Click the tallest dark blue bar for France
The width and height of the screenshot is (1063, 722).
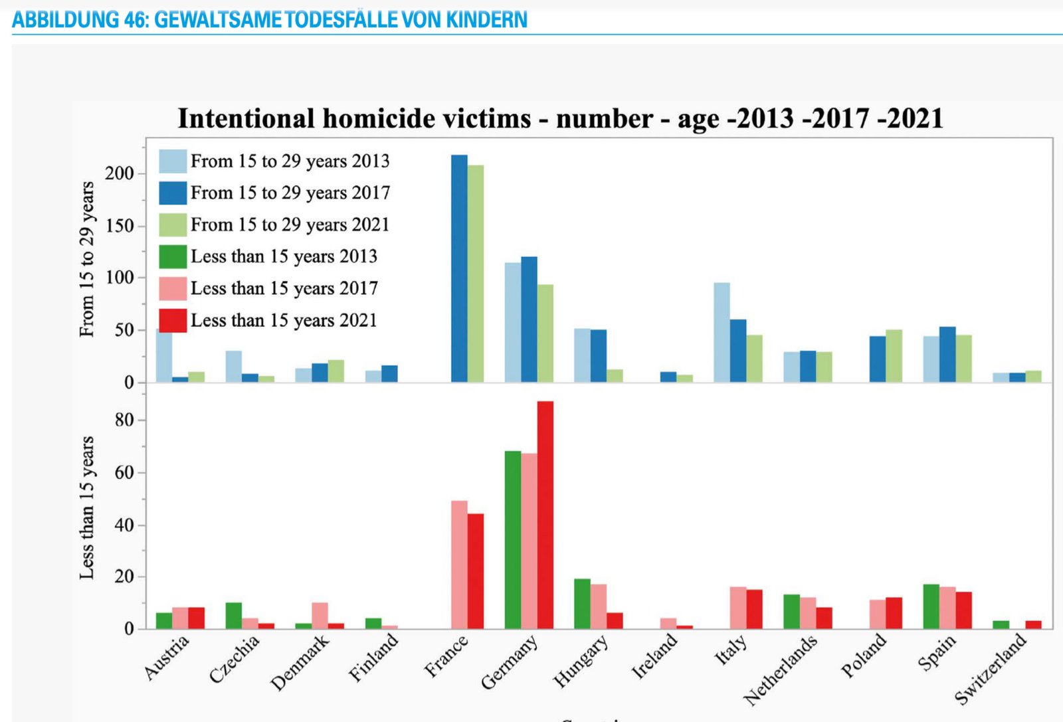tap(459, 268)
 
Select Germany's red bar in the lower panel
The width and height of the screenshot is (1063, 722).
tap(545, 515)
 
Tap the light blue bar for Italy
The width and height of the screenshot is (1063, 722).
tap(722, 332)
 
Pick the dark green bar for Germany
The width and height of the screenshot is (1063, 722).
tap(512, 539)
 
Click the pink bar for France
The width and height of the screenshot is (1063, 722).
tap(459, 565)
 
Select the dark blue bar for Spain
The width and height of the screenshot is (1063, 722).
tap(947, 354)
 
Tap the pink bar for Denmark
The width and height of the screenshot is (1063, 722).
tap(320, 615)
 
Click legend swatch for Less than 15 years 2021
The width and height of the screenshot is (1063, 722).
tap(173, 320)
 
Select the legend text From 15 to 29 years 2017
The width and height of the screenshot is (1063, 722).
tap(290, 193)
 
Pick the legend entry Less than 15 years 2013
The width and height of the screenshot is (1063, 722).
tap(284, 256)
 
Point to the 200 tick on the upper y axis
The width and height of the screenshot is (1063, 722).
tap(120, 173)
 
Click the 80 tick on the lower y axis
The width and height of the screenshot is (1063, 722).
tap(124, 420)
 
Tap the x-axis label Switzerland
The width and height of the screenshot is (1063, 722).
tap(990, 669)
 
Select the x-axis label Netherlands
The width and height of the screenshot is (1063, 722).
tap(780, 670)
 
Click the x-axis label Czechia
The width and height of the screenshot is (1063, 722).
tap(234, 659)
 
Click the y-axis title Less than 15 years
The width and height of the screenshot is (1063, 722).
tap(86, 507)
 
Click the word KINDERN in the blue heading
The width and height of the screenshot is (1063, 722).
tap(486, 20)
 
